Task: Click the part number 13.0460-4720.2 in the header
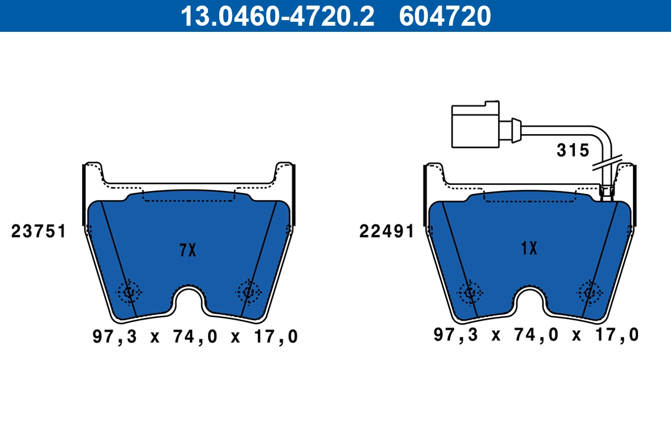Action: pyautogui.click(x=276, y=16)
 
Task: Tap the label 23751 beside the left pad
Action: pyautogui.click(x=39, y=231)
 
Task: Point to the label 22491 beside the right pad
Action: pyautogui.click(x=386, y=231)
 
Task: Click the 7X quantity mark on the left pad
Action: pyautogui.click(x=188, y=251)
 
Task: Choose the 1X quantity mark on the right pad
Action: pyautogui.click(x=528, y=249)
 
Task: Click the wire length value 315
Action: pyautogui.click(x=573, y=150)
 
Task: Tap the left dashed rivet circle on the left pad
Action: pyautogui.click(x=129, y=291)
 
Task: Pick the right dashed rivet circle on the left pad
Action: pyautogui.click(x=248, y=291)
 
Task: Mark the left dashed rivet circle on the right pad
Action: pyautogui.click(x=470, y=291)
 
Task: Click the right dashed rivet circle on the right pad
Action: pyautogui.click(x=589, y=291)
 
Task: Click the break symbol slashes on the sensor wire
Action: pyautogui.click(x=607, y=163)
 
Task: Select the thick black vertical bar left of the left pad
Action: pyautogui.click(x=84, y=196)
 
